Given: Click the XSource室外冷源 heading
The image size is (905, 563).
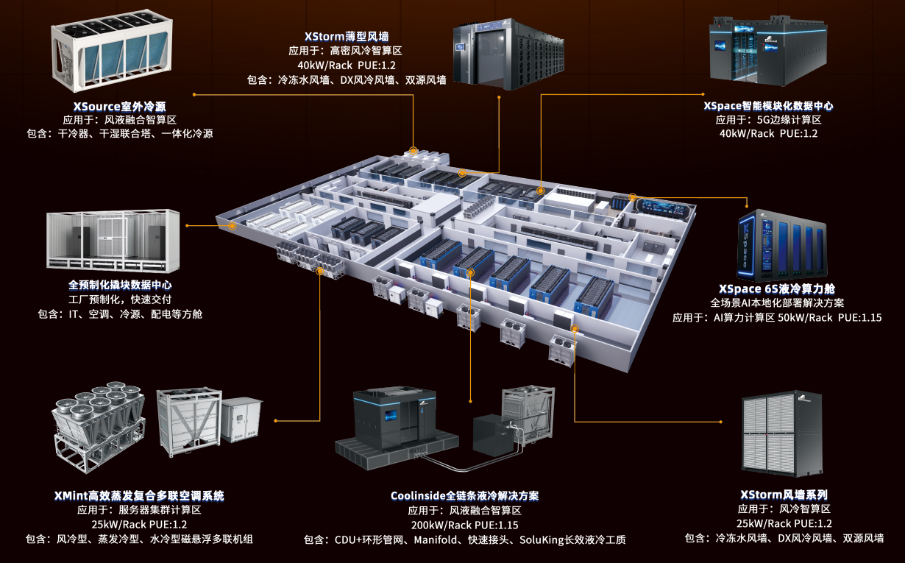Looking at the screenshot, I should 119,106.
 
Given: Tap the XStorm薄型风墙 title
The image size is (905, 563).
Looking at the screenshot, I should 347,36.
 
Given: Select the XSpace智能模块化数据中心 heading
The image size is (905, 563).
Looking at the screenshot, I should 768,106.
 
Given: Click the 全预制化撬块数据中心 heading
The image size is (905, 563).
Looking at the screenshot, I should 120,285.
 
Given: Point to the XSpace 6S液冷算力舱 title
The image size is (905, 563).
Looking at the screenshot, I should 777,289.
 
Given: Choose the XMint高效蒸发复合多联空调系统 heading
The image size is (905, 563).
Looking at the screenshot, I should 139,495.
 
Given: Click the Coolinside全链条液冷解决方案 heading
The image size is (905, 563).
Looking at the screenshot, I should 469,496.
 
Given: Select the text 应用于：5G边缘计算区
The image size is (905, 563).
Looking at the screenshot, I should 768,120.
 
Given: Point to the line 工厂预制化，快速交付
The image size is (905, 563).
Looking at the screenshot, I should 120,300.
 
